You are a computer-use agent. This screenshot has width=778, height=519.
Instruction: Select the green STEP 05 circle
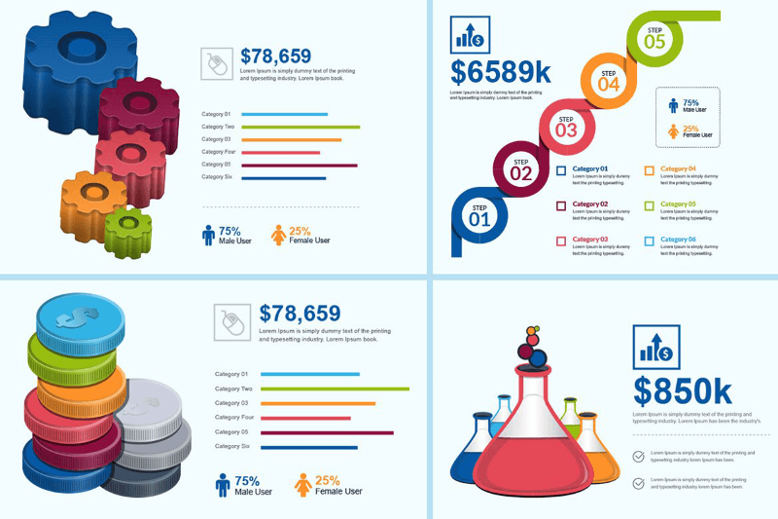654,37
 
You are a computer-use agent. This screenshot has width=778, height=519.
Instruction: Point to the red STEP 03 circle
565,126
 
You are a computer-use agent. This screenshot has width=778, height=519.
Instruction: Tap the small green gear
127,230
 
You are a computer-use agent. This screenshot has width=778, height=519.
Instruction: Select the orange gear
90,195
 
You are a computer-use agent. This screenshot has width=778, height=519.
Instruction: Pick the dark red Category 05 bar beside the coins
327,432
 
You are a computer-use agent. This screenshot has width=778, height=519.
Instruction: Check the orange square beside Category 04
649,171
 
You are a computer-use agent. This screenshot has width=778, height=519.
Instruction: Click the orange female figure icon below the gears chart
279,235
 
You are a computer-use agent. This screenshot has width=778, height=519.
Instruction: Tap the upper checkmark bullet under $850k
638,455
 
